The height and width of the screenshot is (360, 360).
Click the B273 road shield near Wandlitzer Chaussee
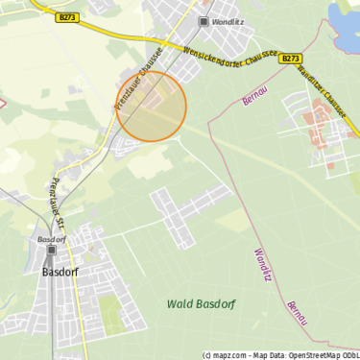291,59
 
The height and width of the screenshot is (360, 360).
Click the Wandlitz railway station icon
204,20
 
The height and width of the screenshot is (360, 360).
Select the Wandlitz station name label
229,20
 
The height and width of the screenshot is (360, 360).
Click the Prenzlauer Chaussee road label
136,84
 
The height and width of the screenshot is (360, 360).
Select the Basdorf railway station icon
50,252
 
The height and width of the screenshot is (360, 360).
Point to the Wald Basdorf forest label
201,303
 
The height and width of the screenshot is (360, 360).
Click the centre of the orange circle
152,107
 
